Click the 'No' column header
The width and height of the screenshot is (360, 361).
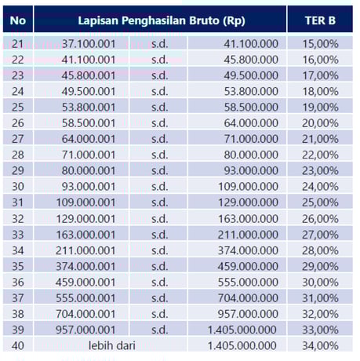tap(18, 20)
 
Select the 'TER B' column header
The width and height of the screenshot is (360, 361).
tap(320, 20)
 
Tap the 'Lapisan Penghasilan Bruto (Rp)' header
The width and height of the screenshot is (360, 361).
tap(162, 20)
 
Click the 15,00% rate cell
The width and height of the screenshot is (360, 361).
tap(320, 44)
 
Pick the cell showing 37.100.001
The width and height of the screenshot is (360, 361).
tap(89, 44)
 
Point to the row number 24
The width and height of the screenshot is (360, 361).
tap(18, 91)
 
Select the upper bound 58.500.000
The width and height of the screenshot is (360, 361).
tap(251, 108)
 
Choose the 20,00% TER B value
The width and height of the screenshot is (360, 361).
tap(320, 123)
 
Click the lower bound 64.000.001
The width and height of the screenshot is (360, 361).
tap(89, 139)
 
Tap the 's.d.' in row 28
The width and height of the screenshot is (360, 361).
tap(159, 155)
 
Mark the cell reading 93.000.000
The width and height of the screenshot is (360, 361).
tap(251, 170)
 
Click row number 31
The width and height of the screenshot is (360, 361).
tap(18, 202)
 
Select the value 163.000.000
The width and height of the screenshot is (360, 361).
tap(248, 218)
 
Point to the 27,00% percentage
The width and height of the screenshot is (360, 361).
tap(320, 235)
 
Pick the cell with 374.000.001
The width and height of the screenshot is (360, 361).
tap(85, 266)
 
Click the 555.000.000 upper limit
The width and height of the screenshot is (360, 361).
tap(248, 282)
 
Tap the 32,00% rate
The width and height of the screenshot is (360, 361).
tap(320, 314)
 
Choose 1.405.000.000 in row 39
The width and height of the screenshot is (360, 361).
tap(242, 330)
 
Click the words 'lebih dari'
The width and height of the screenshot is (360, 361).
tap(112, 345)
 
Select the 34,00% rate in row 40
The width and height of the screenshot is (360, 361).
tap(320, 345)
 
